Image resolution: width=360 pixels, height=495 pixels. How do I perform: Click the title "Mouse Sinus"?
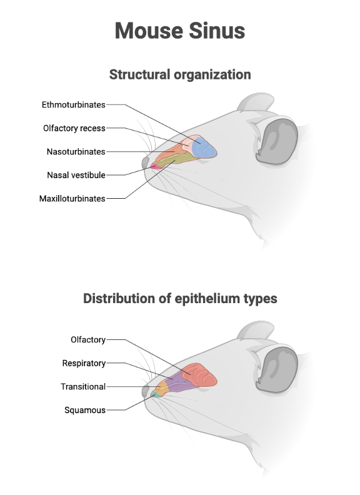[180, 30]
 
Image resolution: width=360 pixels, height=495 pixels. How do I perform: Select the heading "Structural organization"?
[180, 74]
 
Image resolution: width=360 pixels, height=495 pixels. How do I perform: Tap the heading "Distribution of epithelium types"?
[180, 298]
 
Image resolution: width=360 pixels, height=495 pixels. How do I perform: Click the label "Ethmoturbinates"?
[73, 104]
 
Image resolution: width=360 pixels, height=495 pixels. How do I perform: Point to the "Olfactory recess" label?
[74, 128]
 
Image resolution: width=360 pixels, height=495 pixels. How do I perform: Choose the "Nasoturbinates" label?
[76, 151]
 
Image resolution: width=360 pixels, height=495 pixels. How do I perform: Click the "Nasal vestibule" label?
[76, 175]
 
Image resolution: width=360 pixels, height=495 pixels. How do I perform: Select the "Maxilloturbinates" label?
[72, 199]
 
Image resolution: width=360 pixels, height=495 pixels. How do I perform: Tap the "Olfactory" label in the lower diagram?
[87, 339]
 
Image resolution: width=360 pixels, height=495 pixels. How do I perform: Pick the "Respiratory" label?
[84, 363]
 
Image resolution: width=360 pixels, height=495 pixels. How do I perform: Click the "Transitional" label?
[82, 387]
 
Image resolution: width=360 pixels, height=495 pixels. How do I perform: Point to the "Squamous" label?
[85, 410]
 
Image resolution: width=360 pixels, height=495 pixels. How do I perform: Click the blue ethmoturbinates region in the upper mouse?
[205, 149]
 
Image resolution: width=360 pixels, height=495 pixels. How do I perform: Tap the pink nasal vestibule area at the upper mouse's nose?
[154, 166]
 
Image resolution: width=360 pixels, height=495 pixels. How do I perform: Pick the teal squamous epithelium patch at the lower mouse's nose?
[154, 394]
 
